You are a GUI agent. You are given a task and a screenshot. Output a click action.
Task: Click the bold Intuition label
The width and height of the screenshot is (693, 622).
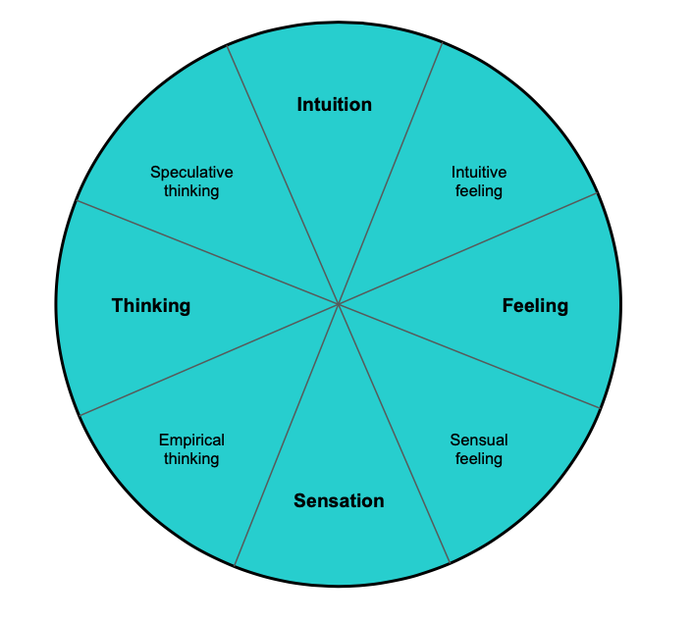pos(334,104)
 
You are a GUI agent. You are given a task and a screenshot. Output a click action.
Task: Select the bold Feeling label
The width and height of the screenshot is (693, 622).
pos(535,305)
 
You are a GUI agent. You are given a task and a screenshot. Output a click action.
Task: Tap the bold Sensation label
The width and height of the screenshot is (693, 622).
pos(339,501)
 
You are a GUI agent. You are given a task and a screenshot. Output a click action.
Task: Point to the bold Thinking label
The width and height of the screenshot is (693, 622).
pos(151,305)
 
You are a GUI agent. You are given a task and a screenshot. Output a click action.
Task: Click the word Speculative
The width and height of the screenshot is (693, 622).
pos(191,173)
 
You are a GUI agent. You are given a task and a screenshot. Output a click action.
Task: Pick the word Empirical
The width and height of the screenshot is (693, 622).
pos(191,441)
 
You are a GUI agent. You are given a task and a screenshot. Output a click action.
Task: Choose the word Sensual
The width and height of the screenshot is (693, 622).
pos(479,441)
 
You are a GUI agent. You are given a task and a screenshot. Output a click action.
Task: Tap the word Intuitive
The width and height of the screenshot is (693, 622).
pos(479,173)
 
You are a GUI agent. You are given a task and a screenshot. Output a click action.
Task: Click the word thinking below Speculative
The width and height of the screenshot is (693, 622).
pos(191,191)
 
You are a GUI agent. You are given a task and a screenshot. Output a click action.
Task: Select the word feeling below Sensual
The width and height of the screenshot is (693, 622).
pos(479,459)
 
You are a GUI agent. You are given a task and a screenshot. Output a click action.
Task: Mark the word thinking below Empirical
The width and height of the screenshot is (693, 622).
pos(191,459)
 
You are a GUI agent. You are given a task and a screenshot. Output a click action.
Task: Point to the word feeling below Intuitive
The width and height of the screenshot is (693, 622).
pos(479,191)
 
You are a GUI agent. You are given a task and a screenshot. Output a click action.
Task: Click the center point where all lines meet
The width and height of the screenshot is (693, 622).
pos(338,304)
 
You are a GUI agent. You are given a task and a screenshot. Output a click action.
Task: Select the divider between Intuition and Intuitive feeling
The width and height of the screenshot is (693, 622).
pos(390,174)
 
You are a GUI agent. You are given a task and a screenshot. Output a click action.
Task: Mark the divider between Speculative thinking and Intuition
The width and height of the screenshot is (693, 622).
pos(283,174)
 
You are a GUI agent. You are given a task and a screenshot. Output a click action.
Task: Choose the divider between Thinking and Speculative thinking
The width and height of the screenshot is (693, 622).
pos(206,252)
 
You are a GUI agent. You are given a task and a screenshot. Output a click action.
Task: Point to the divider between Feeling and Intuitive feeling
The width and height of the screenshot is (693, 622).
pos(468,249)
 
